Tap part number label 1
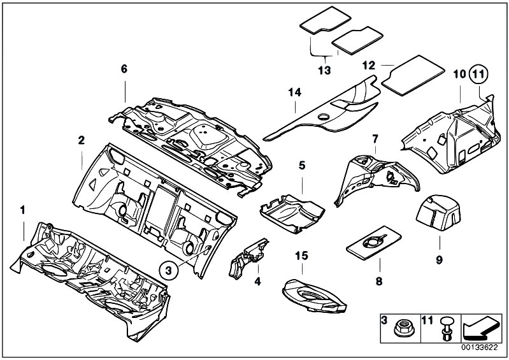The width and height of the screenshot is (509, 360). point(23,210)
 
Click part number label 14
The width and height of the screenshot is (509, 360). point(294,93)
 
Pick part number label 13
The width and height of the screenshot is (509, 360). point(324,69)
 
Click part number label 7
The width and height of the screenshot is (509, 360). point(375,138)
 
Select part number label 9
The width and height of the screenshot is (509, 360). point(439,259)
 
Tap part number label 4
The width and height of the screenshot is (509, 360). point(257,281)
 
